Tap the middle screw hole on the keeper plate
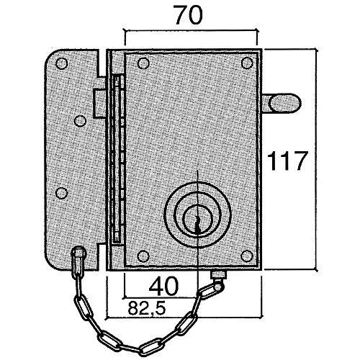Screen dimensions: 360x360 (78, 121)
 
